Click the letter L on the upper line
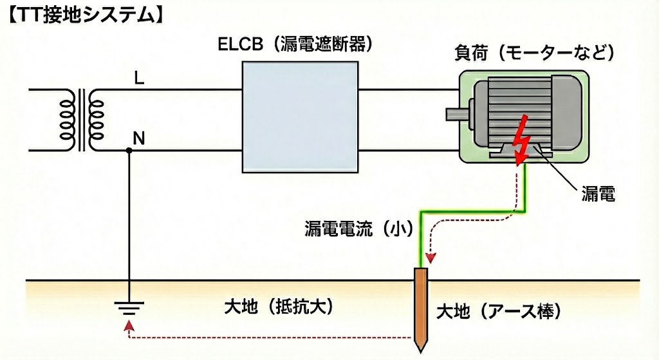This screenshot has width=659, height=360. [139, 79]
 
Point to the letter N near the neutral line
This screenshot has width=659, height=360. [138, 137]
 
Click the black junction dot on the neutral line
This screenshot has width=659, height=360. [129, 151]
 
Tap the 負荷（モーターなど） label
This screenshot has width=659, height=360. [532, 52]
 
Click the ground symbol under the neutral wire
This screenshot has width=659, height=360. [129, 308]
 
